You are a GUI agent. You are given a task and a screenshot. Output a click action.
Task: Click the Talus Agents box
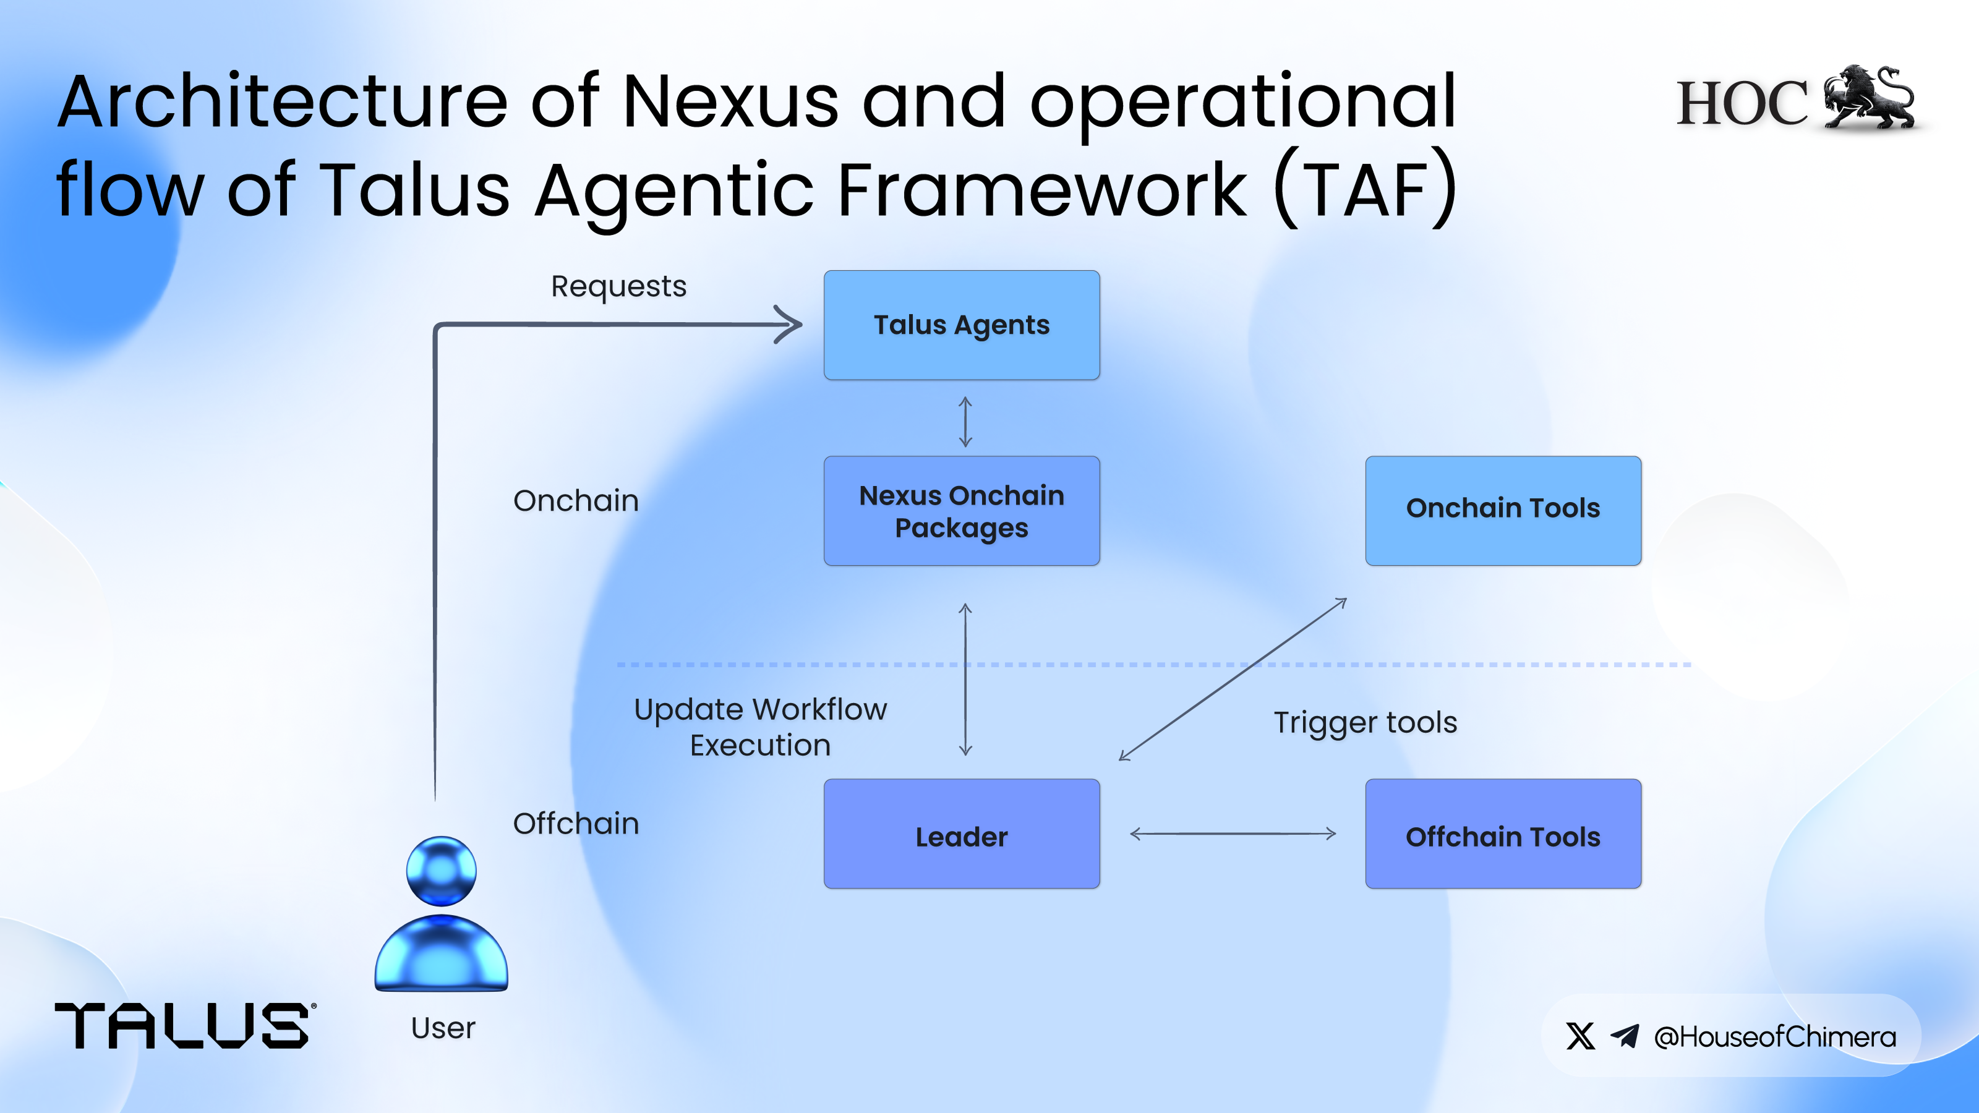tap(961, 325)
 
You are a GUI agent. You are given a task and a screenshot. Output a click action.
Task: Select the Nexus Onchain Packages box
tap(961, 511)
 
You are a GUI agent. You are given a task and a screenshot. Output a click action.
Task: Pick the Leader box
tap(961, 834)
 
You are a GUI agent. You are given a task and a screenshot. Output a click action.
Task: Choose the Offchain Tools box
tap(1503, 834)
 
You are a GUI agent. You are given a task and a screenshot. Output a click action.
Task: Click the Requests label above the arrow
tap(618, 286)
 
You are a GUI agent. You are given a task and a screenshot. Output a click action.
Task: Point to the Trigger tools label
tap(1365, 723)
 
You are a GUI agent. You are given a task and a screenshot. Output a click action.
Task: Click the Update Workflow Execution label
tap(760, 727)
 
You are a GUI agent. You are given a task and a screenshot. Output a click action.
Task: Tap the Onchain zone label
tap(575, 501)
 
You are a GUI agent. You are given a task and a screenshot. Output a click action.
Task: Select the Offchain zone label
tap(575, 824)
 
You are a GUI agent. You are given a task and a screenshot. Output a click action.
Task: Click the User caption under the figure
tap(443, 1028)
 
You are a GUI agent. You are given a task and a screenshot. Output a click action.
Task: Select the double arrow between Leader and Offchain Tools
tap(1233, 834)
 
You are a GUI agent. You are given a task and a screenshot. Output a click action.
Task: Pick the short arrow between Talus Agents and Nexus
tap(965, 422)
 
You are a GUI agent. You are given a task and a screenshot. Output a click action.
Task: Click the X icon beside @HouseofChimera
tap(1580, 1036)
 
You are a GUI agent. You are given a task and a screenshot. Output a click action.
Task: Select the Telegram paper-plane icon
tap(1625, 1036)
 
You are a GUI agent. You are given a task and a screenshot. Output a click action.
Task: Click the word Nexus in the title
tap(730, 102)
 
